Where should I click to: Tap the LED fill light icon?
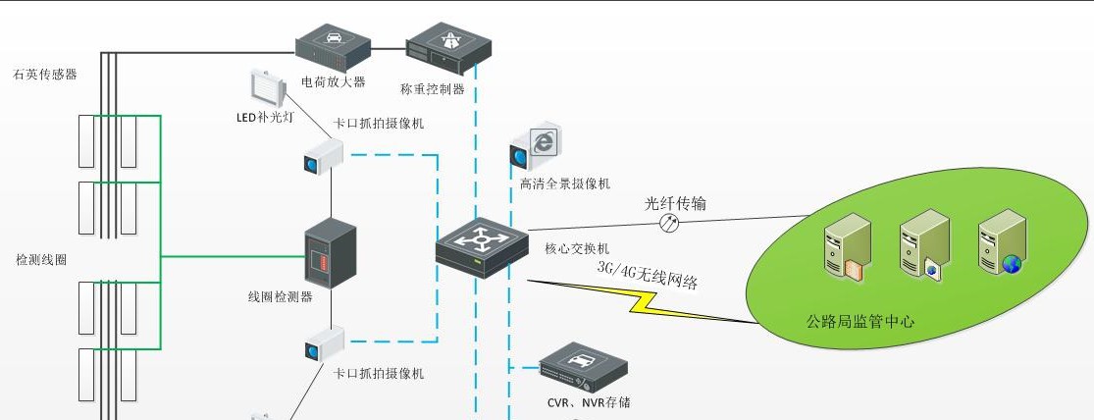[x=267, y=88]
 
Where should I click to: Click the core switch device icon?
[x=482, y=247]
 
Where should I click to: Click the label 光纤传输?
[x=675, y=204]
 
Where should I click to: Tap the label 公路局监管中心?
[x=860, y=321]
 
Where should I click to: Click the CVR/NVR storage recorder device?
[x=583, y=368]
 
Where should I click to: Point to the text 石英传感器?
[x=45, y=75]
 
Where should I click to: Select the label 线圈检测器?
[x=281, y=296]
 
